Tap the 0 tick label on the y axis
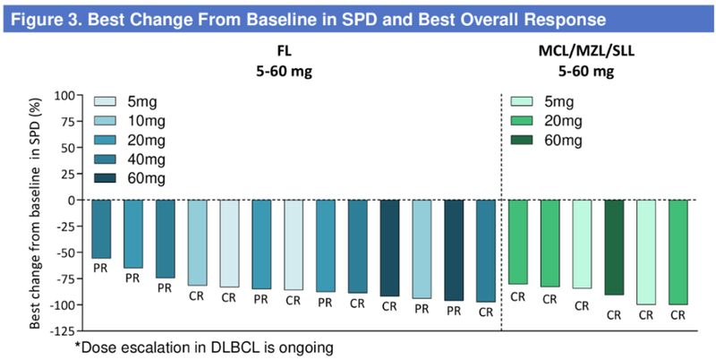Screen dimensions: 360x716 [x=71, y=200]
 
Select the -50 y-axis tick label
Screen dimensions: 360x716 [x=64, y=253]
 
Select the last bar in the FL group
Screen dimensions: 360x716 [x=486, y=251]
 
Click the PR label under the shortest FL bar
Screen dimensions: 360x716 [x=101, y=268]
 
